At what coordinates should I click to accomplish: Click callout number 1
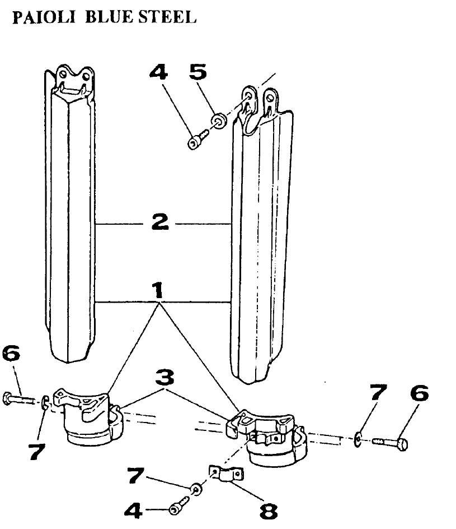click(x=158, y=290)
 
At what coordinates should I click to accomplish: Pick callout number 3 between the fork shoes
click(x=162, y=379)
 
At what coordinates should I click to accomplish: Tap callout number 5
click(x=198, y=72)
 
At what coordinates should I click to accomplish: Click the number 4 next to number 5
click(x=159, y=73)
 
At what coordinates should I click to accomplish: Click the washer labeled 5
click(x=219, y=119)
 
